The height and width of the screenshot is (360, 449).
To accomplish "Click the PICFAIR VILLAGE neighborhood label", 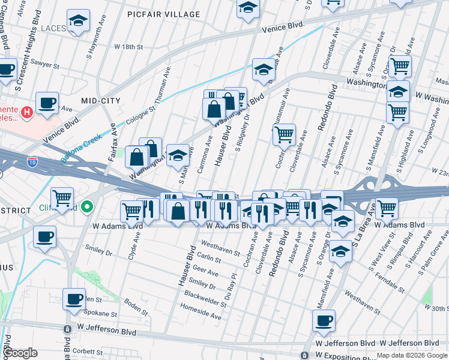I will [x=164, y=14].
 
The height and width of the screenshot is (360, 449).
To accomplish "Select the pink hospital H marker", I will [x=26, y=112].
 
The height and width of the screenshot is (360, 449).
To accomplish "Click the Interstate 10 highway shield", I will [x=33, y=161].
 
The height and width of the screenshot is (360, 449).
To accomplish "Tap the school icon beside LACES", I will [x=77, y=22].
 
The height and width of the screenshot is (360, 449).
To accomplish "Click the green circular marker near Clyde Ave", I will [x=87, y=207].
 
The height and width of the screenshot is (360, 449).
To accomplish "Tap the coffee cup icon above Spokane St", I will [x=74, y=299].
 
